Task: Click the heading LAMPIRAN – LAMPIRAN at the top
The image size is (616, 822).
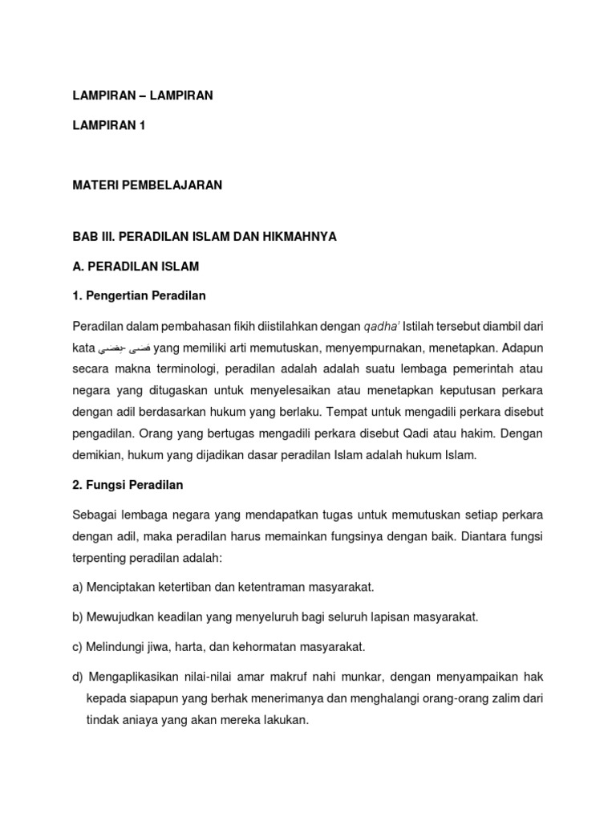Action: [143, 96]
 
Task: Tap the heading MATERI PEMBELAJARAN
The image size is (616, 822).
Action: [147, 185]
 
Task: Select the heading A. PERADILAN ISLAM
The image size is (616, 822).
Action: [136, 266]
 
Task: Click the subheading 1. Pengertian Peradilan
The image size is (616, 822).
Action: [140, 295]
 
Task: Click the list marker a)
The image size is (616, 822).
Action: [79, 587]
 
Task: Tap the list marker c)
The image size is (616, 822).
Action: [79, 646]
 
